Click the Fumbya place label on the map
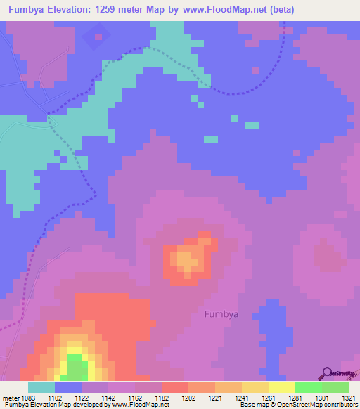(x=221, y=314)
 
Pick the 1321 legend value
(x=347, y=398)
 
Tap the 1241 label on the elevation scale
(x=242, y=398)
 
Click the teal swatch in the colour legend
(x=41, y=387)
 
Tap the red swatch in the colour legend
(x=174, y=387)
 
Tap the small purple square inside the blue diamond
(x=98, y=36)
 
